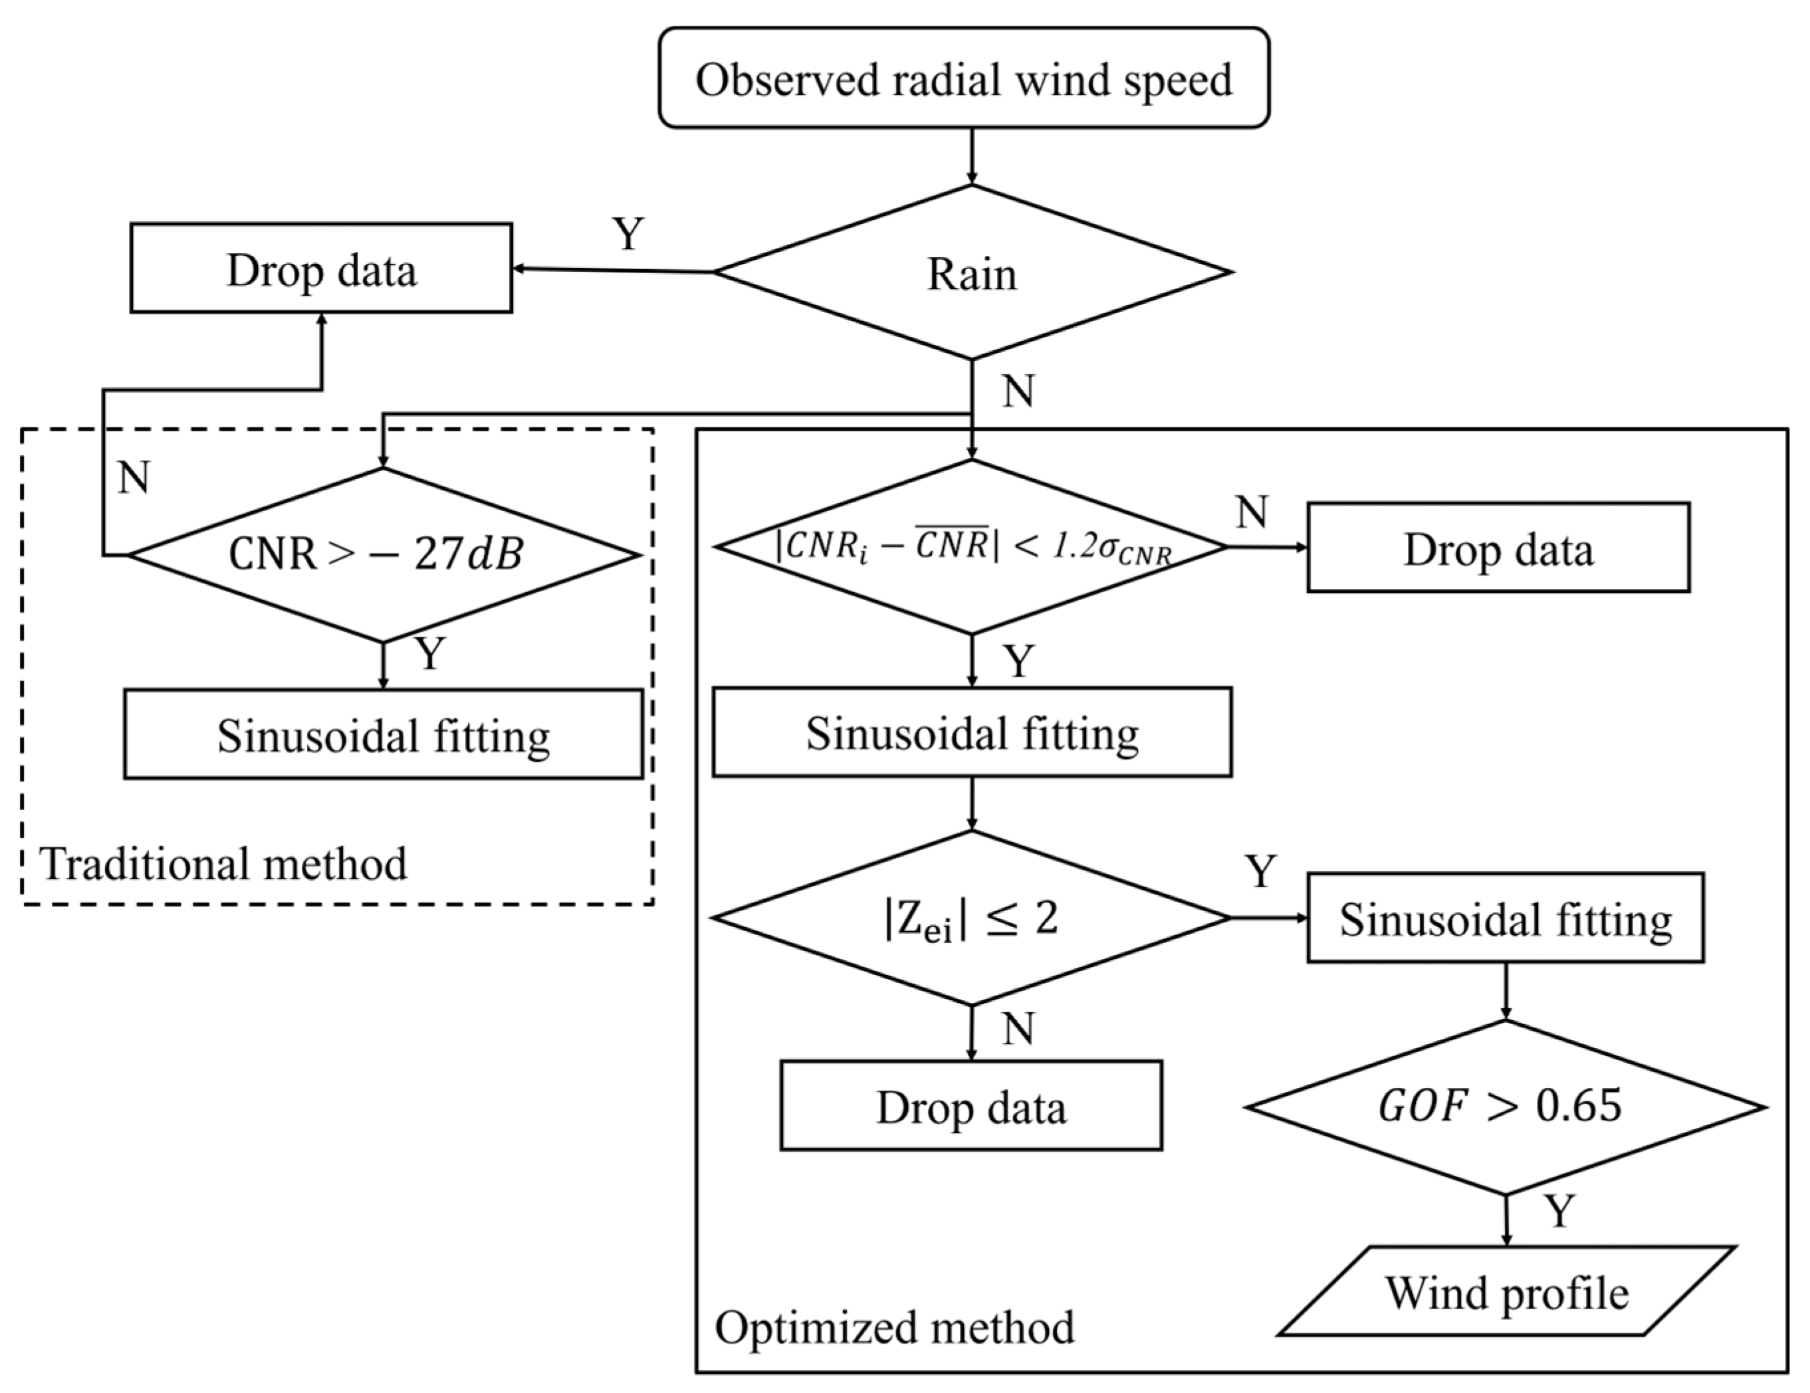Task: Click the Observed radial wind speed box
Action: tap(963, 78)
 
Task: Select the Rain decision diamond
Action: tap(971, 272)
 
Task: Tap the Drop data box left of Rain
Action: tap(321, 268)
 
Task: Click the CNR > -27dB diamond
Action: tap(382, 554)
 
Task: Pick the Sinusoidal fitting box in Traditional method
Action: tap(383, 734)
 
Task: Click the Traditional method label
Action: tap(224, 863)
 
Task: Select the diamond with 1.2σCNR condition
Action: tap(971, 547)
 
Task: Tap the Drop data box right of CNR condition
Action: tap(1498, 548)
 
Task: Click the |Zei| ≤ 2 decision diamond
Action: tap(971, 918)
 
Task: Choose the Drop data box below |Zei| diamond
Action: tap(970, 1105)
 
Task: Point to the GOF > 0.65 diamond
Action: tap(1505, 1107)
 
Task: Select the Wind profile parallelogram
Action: tap(1505, 1291)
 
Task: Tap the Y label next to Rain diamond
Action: tap(628, 234)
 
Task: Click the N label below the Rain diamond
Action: tap(1018, 390)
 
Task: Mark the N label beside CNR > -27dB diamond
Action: tap(134, 477)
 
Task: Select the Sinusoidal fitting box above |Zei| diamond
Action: tap(971, 732)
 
